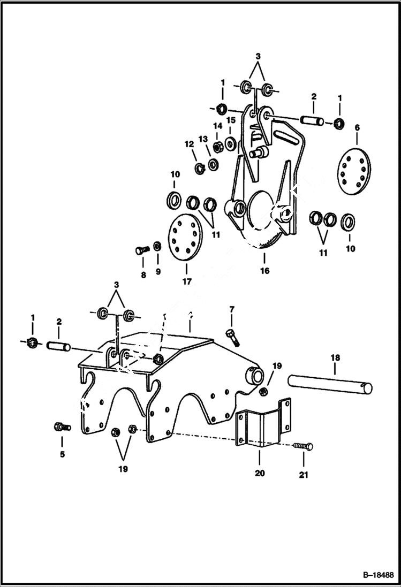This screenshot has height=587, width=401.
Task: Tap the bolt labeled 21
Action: click(x=303, y=446)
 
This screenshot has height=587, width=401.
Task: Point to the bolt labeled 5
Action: click(x=62, y=426)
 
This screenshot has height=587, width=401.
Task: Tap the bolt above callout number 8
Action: click(x=142, y=249)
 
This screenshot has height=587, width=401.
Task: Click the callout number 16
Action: click(x=265, y=271)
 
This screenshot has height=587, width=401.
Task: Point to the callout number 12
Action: click(x=188, y=144)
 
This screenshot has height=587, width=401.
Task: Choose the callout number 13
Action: click(x=203, y=139)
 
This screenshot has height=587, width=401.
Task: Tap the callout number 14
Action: click(x=217, y=126)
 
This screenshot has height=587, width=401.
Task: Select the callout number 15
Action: click(x=231, y=120)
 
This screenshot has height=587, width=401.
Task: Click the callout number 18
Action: click(x=335, y=357)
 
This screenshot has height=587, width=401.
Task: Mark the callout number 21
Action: click(x=304, y=474)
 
